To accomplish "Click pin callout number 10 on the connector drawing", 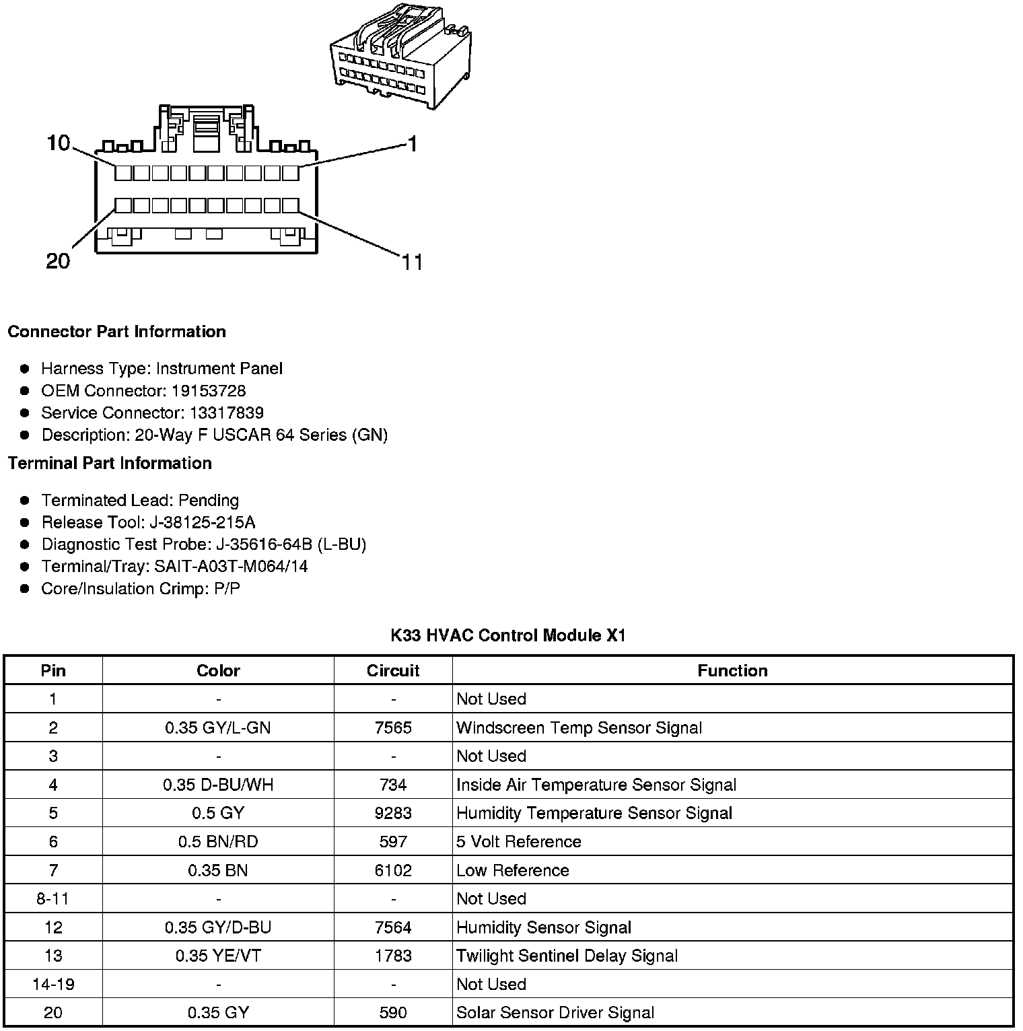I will pos(59,143).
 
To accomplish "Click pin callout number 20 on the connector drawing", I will pos(58,261).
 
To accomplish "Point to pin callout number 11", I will pos(413,262).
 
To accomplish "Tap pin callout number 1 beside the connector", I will pos(413,144).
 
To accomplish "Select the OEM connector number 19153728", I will pos(208,391).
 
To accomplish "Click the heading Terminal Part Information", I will pos(110,464).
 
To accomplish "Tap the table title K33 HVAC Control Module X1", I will pos(508,636).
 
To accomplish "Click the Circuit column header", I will pos(393,671).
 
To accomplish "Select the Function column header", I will pos(732,671).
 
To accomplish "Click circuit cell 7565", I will pos(393,728).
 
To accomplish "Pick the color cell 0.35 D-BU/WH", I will pos(218,785).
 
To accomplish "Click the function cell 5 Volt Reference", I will pos(518,842).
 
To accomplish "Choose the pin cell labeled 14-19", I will pos(53,985).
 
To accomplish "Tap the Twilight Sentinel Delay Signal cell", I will pos(567,956).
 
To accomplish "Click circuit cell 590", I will pos(393,1013).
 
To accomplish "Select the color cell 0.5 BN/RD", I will pos(218,842).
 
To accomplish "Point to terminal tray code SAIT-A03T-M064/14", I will pos(231,567).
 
